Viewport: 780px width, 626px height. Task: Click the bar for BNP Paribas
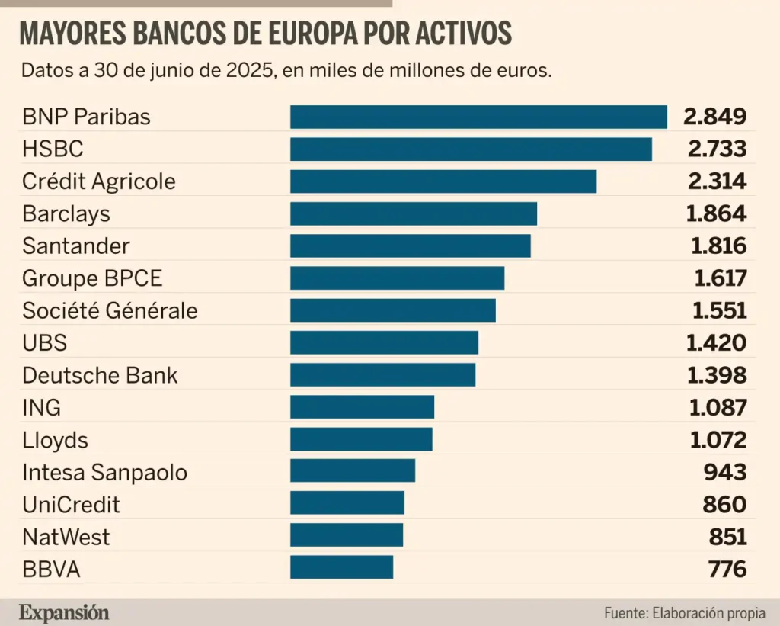click(x=478, y=117)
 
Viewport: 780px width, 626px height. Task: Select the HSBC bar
click(x=471, y=149)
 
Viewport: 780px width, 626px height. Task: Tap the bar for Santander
click(x=410, y=246)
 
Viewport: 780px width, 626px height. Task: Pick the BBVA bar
click(x=341, y=568)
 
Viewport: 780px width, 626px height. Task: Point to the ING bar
click(x=362, y=407)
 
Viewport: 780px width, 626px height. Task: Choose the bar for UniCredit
click(x=347, y=504)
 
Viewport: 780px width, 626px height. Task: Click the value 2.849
click(x=714, y=117)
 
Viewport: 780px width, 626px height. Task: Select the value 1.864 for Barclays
click(x=716, y=213)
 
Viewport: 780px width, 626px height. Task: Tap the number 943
click(x=724, y=472)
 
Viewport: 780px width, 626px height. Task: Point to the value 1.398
click(x=716, y=375)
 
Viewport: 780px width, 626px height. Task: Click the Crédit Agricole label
click(x=99, y=181)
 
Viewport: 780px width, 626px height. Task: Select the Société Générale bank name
click(x=110, y=311)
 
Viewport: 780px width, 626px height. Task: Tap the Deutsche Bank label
click(x=100, y=375)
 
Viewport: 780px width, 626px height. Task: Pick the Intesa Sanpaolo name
click(x=104, y=472)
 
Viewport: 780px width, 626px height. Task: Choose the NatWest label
click(x=66, y=537)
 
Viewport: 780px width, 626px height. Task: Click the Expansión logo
click(x=64, y=612)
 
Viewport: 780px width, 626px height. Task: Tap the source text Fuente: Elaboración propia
click(x=685, y=613)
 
